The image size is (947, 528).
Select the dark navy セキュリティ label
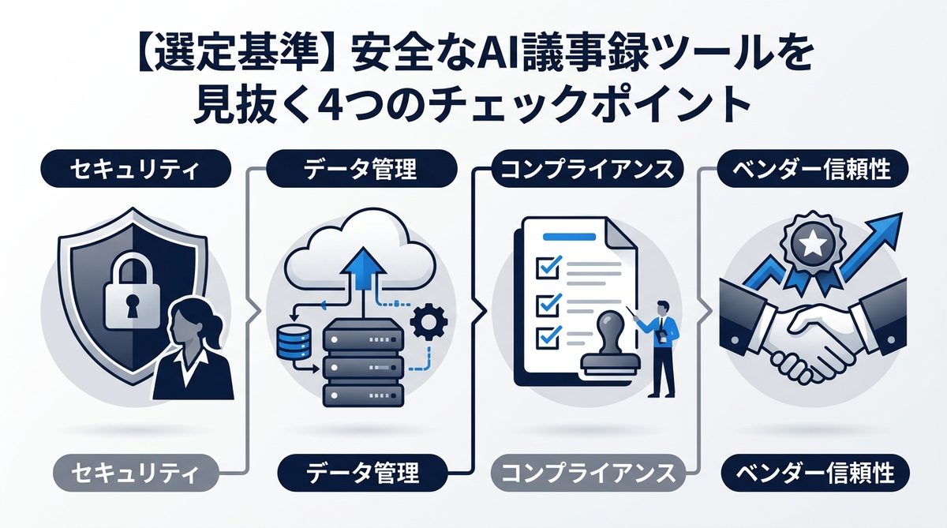[x=127, y=169]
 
